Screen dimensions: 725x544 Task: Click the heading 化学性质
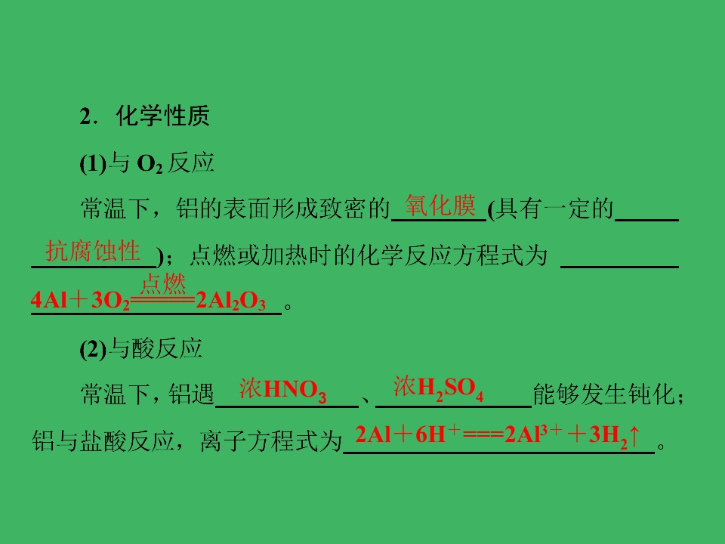tap(163, 116)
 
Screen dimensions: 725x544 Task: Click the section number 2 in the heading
tap(85, 116)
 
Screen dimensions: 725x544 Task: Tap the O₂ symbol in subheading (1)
tap(150, 164)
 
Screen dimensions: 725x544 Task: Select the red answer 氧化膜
tap(440, 206)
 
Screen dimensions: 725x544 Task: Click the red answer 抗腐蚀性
tap(92, 251)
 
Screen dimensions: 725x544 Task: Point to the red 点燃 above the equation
tap(163, 284)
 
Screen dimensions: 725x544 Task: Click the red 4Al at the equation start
tap(49, 301)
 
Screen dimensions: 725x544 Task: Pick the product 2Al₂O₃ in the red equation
tap(231, 301)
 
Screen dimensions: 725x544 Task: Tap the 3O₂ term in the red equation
tap(110, 301)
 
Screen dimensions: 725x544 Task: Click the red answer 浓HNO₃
tap(283, 390)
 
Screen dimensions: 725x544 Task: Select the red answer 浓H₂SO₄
tap(438, 388)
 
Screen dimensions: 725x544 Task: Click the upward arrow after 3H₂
tap(634, 435)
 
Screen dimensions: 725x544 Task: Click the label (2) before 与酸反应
tap(93, 349)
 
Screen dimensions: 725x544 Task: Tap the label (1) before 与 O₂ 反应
tap(93, 164)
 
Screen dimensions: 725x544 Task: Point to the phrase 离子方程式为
tap(271, 440)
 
